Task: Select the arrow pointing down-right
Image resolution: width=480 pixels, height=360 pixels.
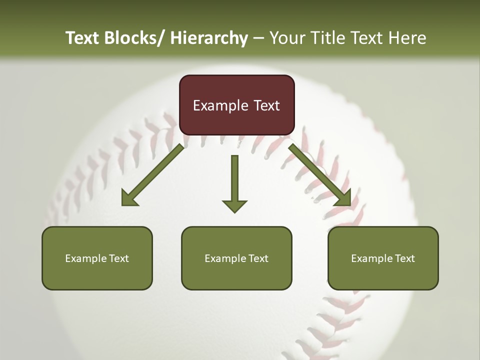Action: click(320, 174)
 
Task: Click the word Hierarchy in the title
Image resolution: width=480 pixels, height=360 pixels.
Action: click(208, 38)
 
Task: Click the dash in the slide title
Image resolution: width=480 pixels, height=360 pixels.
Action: click(258, 38)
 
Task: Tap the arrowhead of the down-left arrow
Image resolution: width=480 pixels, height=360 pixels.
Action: click(129, 199)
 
